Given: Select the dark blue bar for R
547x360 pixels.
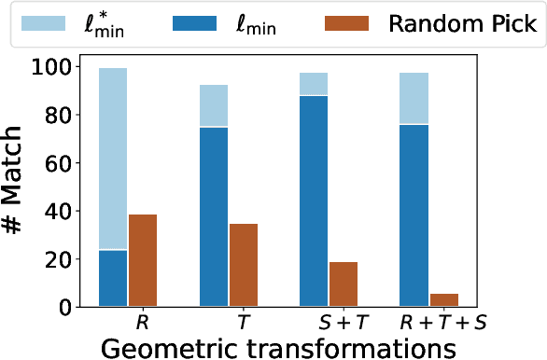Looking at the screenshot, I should [113, 278].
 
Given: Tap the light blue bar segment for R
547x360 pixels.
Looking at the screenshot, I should [113, 159].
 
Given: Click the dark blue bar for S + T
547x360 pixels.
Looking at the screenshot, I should [315, 201].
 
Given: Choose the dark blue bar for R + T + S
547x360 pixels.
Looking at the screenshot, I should [414, 215].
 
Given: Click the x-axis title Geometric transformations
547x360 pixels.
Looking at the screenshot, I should [277, 346].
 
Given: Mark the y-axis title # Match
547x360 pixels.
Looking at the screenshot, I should [17, 187].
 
